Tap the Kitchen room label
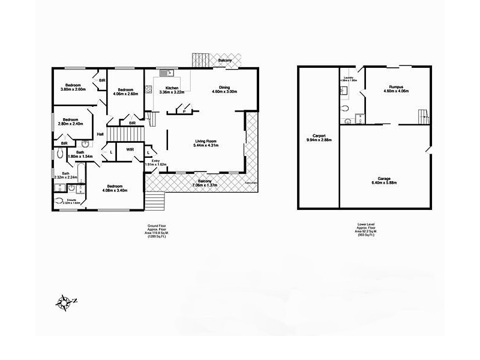click(172, 88)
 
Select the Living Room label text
click(205, 142)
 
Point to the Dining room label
click(224, 88)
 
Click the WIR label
click(129, 149)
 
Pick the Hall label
click(100, 134)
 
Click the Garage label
click(384, 178)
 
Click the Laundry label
click(349, 77)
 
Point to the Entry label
click(155, 161)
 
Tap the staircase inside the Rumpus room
click(424, 116)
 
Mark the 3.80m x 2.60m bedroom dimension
click(73, 89)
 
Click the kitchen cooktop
click(148, 89)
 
